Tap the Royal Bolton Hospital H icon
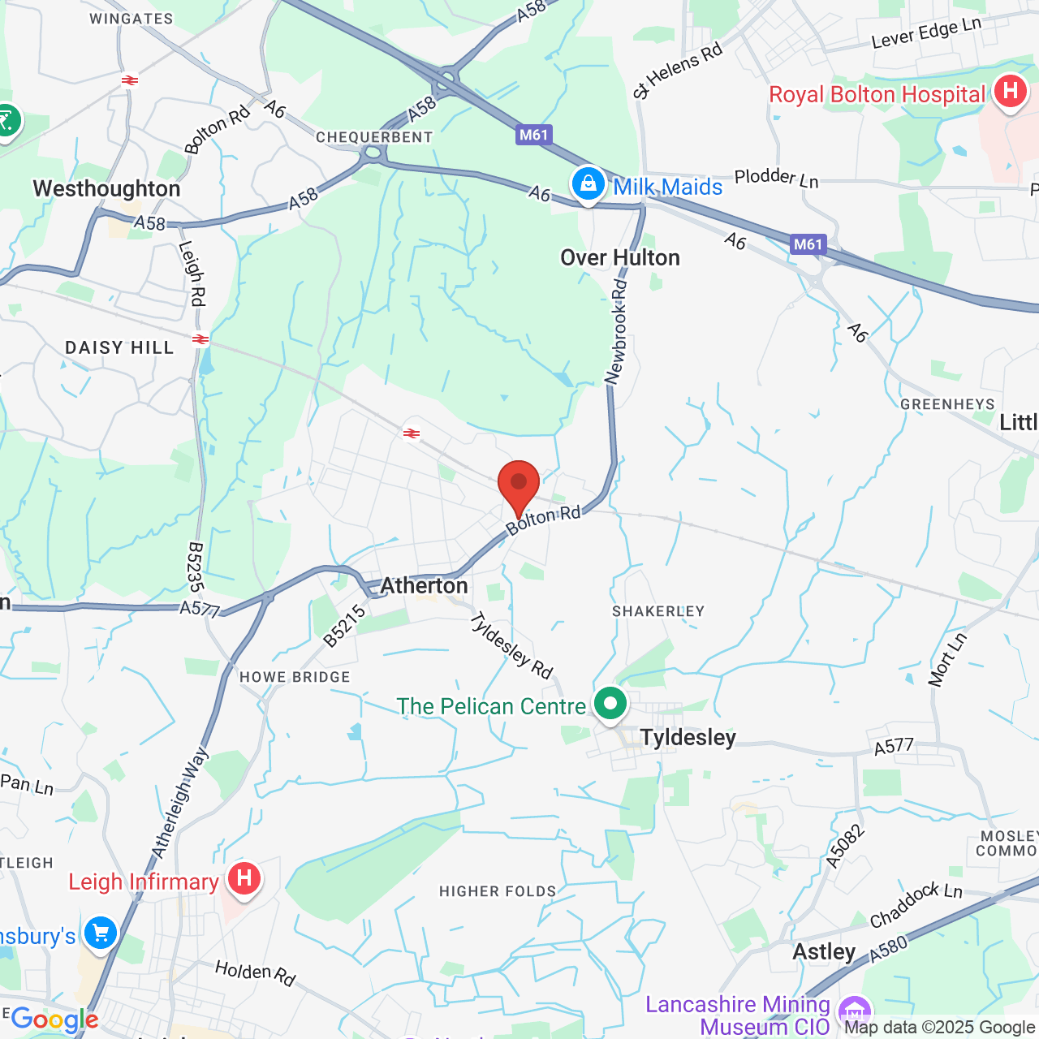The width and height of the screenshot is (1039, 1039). [1011, 91]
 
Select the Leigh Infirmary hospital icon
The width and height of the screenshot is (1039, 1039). [244, 878]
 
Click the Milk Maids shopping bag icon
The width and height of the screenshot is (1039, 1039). [588, 184]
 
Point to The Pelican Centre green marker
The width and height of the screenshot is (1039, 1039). [610, 703]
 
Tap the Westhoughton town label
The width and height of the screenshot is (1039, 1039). [106, 189]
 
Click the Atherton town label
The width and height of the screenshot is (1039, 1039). [424, 585]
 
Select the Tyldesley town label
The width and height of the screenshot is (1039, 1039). [688, 737]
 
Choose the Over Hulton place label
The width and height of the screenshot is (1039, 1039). [620, 258]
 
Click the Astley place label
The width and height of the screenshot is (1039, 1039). [824, 951]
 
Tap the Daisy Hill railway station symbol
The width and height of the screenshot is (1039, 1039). [200, 339]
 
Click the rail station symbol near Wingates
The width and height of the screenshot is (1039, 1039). [130, 80]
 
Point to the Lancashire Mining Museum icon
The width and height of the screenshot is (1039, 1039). [856, 1011]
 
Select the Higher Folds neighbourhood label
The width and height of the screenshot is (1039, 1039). [498, 891]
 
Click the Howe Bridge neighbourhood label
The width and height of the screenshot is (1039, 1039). [295, 677]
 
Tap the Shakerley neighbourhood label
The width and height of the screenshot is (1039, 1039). [658, 611]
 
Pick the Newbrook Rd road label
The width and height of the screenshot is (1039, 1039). [618, 332]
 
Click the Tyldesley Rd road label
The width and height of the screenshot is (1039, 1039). [511, 645]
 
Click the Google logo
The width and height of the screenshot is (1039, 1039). [55, 1020]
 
